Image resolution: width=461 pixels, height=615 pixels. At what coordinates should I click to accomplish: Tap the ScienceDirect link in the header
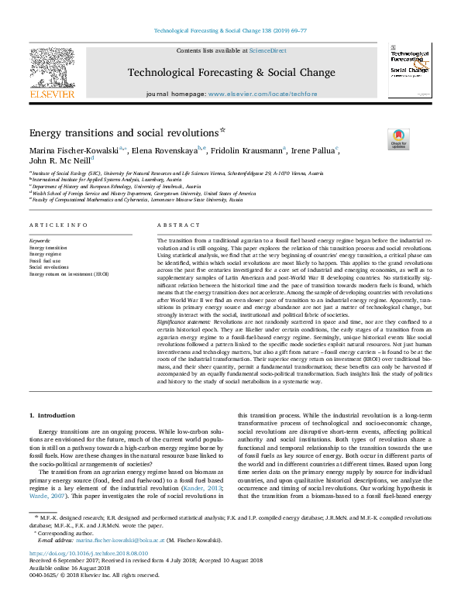tap(267, 50)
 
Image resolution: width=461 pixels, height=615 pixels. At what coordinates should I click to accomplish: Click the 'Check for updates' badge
tap(398, 139)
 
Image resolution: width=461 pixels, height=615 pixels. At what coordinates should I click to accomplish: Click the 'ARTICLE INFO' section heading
tap(57, 225)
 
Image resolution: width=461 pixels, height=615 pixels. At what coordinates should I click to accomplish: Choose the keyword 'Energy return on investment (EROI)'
tap(69, 274)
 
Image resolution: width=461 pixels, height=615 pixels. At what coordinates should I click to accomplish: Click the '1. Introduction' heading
tap(53, 415)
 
